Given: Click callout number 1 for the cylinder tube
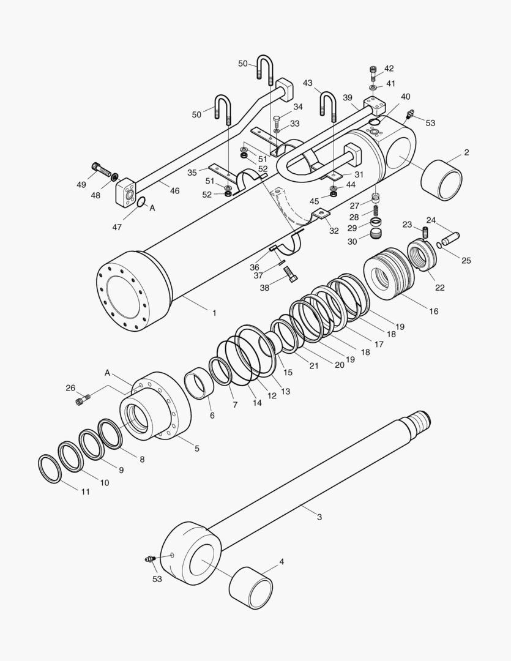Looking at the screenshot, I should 214,313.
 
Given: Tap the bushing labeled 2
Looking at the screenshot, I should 442,179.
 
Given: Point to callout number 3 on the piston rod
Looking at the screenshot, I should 319,517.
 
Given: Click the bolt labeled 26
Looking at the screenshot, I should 81,401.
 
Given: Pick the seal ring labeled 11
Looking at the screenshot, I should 50,468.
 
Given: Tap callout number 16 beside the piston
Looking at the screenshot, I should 433,312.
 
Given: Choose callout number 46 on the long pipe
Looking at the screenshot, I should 174,191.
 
